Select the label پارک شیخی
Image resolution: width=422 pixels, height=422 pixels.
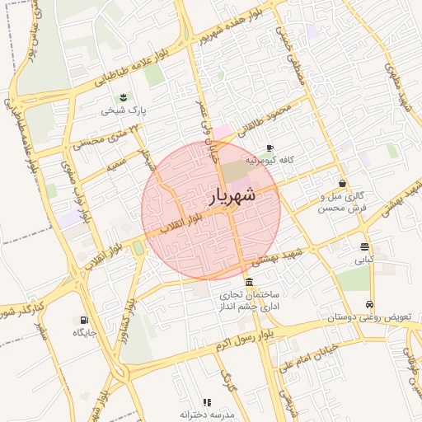pos(124,110)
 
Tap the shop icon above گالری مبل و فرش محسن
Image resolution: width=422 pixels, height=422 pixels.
pos(342,183)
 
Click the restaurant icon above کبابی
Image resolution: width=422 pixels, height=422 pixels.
pos(364,246)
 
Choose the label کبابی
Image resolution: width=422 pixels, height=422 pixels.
pos(364,259)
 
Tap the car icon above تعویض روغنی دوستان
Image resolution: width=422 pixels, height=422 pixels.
pos(370,305)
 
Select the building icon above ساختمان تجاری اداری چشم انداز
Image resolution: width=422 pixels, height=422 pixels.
pos(249,282)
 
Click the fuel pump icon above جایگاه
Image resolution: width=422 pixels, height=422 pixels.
pos(84,320)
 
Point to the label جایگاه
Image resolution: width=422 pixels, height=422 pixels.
pos(84,332)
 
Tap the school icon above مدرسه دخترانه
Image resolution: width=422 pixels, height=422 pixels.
pos(207,402)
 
